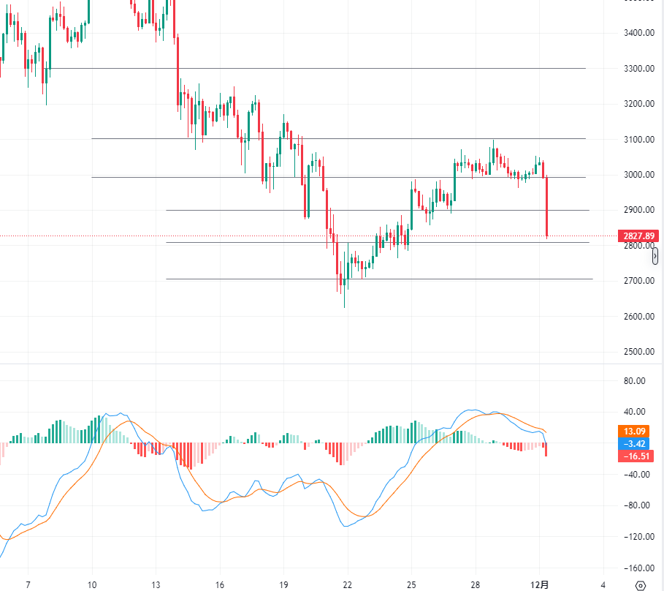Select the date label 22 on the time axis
[x=347, y=584]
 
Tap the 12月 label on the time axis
[x=539, y=584]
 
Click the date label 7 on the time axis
[x=28, y=584]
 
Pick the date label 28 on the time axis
[x=475, y=584]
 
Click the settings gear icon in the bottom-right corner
[x=641, y=584]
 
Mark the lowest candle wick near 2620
[x=344, y=301]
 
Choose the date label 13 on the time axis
[x=156, y=584]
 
